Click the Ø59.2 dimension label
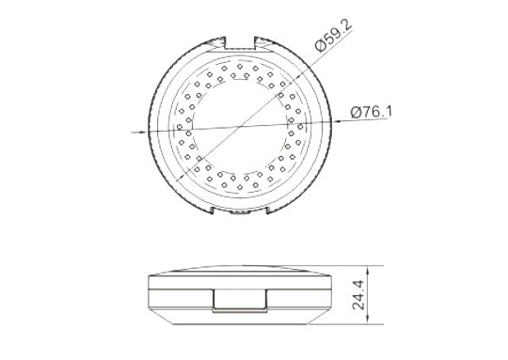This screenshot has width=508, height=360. tap(333, 36)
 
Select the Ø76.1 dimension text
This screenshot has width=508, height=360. tap(371, 112)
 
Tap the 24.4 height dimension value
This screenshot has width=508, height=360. tap(359, 295)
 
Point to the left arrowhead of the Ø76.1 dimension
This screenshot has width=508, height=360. tap(143, 132)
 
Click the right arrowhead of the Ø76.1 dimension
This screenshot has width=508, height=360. tap(337, 121)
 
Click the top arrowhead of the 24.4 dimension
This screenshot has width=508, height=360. tap(368, 270)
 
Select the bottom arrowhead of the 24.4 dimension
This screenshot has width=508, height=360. tap(368, 320)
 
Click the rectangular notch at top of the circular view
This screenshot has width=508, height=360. tap(240, 43)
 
